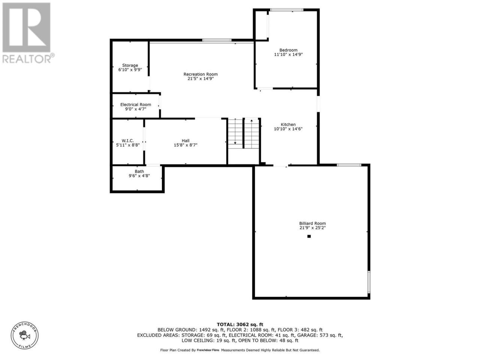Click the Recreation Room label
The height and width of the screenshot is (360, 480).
click(x=200, y=74)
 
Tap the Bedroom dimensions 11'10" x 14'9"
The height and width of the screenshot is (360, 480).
click(x=288, y=54)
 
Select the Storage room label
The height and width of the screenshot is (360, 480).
click(x=130, y=65)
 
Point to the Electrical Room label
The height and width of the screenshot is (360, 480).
click(x=136, y=105)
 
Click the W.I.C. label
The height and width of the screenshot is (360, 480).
click(x=128, y=141)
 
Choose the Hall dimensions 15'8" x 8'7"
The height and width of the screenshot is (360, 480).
click(x=186, y=145)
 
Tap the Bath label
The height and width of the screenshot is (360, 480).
click(x=139, y=171)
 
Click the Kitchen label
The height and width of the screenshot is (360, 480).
click(x=288, y=124)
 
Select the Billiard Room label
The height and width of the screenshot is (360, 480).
click(x=312, y=223)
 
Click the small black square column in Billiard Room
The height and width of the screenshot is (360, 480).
click(x=309, y=236)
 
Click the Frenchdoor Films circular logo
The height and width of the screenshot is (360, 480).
click(x=25, y=335)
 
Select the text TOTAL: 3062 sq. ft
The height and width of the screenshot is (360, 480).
click(x=240, y=324)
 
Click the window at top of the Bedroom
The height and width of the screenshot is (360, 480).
click(x=286, y=10)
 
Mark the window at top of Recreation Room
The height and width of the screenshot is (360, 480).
click(x=217, y=40)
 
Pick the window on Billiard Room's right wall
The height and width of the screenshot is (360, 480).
click(x=369, y=282)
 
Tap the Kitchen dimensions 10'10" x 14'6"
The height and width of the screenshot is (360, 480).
click(x=288, y=129)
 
